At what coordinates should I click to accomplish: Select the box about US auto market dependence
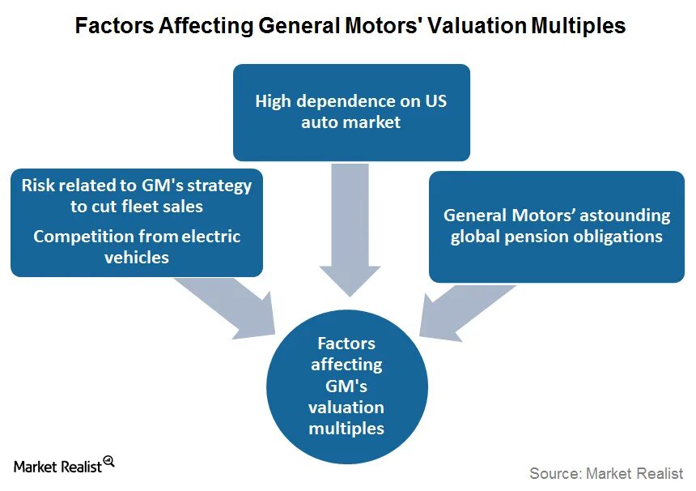(351, 112)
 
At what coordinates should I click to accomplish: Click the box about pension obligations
(557, 226)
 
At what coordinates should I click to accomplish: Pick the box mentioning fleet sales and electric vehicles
(137, 222)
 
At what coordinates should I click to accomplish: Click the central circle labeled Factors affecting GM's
(346, 385)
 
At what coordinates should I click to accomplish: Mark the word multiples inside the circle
(346, 428)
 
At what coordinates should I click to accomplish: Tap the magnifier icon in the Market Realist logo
(109, 462)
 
